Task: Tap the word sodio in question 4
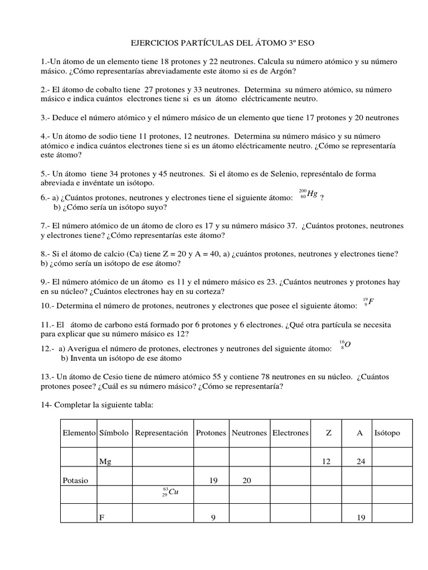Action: [x=116, y=136]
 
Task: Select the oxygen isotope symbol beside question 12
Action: [x=345, y=345]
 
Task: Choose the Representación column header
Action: [x=161, y=433]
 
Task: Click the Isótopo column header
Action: [x=387, y=433]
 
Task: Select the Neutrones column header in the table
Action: [x=249, y=433]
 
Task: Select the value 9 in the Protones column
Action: [x=213, y=518]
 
